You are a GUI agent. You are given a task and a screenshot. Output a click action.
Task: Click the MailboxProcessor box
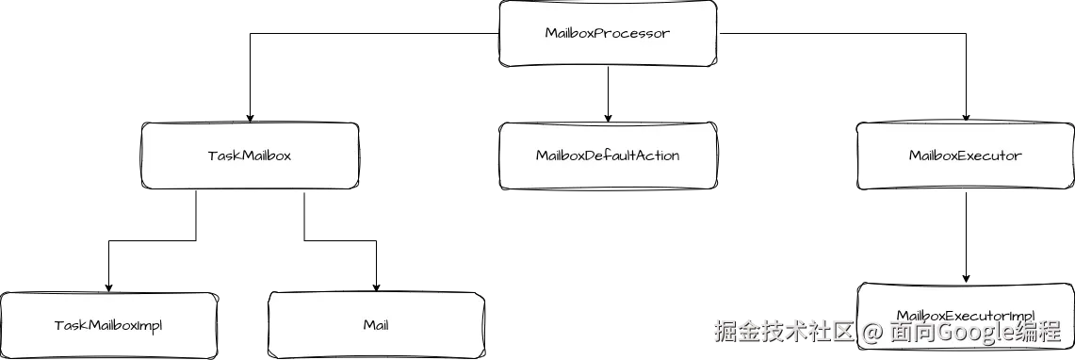click(607, 33)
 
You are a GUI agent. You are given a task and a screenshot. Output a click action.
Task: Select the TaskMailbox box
click(249, 155)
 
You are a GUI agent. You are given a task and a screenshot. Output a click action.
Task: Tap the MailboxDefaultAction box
click(607, 155)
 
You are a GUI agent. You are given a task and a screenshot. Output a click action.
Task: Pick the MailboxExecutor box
click(964, 155)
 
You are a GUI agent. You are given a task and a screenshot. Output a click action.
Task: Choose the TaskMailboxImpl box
click(107, 325)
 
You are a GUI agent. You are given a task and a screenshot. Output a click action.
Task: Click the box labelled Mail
click(376, 325)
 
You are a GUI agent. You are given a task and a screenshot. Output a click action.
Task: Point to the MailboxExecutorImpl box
click(966, 303)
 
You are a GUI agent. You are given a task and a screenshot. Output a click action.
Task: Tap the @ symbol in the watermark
click(872, 332)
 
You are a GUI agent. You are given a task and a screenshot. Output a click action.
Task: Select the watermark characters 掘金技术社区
click(783, 332)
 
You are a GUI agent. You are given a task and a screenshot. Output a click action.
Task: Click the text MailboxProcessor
click(607, 33)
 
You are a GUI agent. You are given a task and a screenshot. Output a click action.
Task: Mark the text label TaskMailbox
click(249, 155)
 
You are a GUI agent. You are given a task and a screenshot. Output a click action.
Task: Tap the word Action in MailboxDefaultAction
click(656, 155)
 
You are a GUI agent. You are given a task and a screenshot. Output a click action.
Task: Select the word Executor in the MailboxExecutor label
click(990, 155)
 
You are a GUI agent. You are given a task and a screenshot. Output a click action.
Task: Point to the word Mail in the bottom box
click(376, 325)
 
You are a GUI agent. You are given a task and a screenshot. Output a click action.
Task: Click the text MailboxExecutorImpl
click(966, 315)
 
